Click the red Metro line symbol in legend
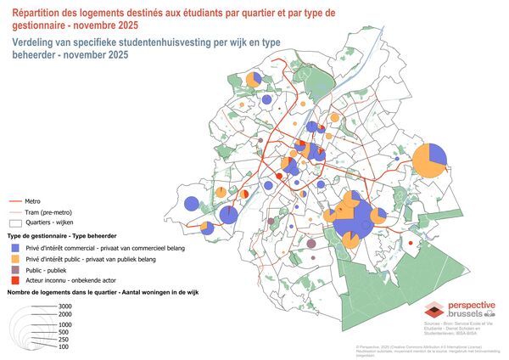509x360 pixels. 14,203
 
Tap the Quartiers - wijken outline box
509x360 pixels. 14,222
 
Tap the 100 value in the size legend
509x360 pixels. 64,347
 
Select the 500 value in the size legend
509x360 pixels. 64,332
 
